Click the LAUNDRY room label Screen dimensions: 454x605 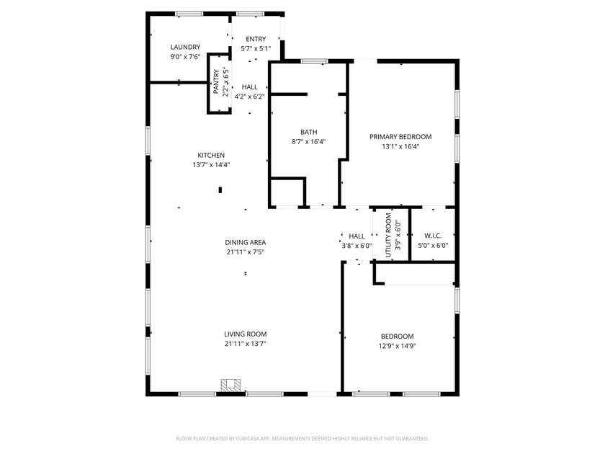coord(185,47)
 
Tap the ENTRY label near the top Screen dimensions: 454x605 coord(256,39)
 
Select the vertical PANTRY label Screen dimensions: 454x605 coord(216,81)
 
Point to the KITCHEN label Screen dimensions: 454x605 coord(211,155)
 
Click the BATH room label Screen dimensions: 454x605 coord(308,132)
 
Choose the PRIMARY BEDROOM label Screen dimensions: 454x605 coord(400,136)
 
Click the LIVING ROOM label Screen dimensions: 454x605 coord(245,334)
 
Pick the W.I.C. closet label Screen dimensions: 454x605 coord(433,236)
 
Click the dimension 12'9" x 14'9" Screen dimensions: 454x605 coord(397,346)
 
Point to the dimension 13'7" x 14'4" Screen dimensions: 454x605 coord(211,165)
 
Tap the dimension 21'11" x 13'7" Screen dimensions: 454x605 coord(245,344)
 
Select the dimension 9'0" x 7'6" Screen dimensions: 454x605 coord(185,57)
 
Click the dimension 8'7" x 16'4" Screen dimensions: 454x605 coord(308,142)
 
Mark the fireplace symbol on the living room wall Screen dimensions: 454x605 coord(230,386)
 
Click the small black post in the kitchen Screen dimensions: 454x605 coord(220,190)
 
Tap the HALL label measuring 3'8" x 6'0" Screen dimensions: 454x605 coord(357,236)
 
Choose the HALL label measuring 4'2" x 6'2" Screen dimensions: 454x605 coord(249,86)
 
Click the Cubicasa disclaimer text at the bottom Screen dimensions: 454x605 coord(302,438)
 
